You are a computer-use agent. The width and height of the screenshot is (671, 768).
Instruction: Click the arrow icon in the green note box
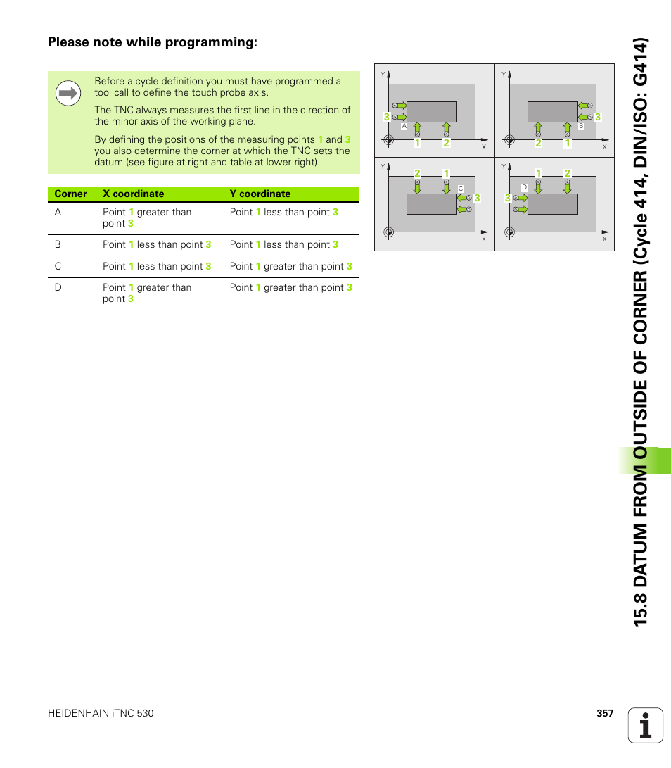[x=68, y=93]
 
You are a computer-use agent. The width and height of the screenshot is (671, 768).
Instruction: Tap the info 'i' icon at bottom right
[x=646, y=725]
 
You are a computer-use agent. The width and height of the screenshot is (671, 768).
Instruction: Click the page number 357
[x=605, y=713]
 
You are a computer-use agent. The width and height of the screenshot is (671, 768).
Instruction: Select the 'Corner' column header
[x=70, y=194]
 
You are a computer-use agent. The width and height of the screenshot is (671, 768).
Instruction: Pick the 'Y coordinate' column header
[x=260, y=194]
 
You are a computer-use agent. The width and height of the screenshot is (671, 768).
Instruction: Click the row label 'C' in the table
[x=58, y=266]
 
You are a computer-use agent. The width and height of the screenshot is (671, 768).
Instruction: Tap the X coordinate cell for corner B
[x=157, y=244]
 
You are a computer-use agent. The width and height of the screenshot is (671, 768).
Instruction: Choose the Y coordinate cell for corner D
[x=290, y=287]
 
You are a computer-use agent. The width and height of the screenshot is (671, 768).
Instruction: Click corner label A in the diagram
[x=404, y=126]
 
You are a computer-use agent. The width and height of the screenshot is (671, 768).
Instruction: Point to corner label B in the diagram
[x=581, y=126]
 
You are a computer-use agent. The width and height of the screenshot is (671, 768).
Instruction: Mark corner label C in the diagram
[x=460, y=188]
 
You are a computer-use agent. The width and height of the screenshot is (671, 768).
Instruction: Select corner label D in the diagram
[x=524, y=187]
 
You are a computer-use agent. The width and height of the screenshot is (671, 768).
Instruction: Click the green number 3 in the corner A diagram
[x=386, y=117]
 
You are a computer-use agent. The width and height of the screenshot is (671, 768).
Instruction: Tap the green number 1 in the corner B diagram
[x=568, y=143]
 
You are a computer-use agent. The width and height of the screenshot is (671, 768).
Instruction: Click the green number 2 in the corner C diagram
[x=416, y=174]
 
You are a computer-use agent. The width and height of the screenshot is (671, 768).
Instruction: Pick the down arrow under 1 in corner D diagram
[x=538, y=187]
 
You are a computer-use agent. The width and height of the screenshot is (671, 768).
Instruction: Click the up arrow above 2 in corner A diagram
[x=446, y=128]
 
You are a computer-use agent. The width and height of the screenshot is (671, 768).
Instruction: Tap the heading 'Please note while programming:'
[x=153, y=42]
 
